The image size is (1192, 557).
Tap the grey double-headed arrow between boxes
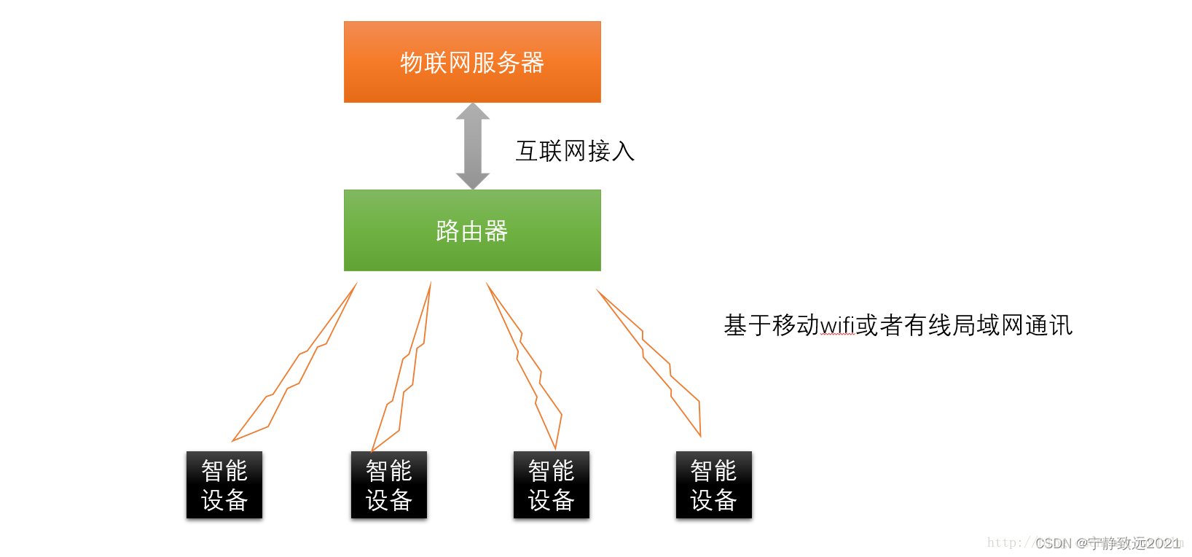click(472, 146)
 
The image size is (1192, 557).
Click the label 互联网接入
click(575, 151)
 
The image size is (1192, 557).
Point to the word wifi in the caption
click(837, 326)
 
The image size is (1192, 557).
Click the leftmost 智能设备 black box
click(224, 485)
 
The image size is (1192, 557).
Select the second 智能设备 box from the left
click(389, 485)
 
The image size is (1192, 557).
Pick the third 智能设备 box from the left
click(552, 485)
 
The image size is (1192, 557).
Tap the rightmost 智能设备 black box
click(714, 485)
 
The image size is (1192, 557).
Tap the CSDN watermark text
click(1107, 543)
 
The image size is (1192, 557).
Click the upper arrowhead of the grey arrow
click(472, 112)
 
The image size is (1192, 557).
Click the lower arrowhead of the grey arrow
click(472, 181)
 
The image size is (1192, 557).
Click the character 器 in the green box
click(496, 231)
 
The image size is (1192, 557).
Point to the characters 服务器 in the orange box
click(508, 63)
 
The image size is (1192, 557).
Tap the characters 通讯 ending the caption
click(1049, 326)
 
